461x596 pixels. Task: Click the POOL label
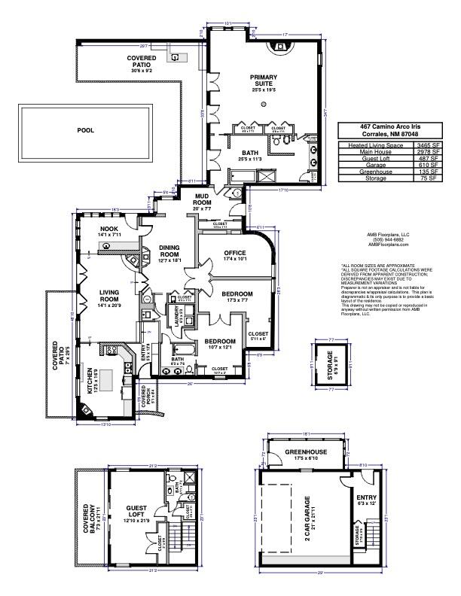pos(86,129)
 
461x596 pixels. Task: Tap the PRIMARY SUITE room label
pos(264,81)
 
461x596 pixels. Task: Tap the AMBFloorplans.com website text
pos(387,244)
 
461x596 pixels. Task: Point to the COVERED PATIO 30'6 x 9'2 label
pos(141,61)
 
